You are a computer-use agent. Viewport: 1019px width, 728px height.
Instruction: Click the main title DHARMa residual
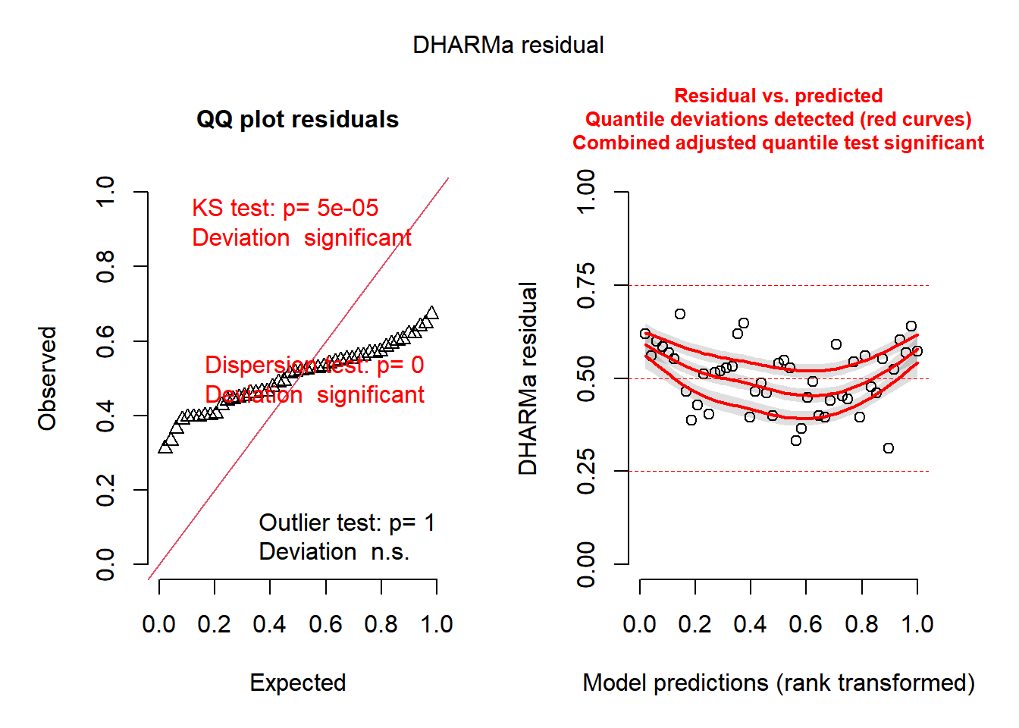508,45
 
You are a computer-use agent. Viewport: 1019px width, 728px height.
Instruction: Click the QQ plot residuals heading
297,120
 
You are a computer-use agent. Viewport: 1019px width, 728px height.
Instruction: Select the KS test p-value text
285,209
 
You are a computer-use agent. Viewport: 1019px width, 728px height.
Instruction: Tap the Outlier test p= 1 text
346,522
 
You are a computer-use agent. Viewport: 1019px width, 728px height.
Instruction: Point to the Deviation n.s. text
334,552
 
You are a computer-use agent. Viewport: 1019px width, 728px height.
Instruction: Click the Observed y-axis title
48,378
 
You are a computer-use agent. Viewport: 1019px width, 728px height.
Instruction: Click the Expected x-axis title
297,682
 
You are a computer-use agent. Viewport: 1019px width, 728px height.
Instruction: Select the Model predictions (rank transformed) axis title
778,682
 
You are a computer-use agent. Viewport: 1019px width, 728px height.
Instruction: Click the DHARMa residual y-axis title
528,378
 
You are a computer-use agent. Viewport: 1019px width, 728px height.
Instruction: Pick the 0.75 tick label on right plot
586,286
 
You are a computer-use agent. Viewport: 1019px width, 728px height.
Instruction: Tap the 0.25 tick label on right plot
586,471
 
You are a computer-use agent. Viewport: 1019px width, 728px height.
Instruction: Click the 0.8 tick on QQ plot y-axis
105,267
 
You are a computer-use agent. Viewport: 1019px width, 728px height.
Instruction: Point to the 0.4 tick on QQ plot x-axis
270,624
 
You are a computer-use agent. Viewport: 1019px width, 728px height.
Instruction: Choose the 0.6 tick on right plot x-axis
805,624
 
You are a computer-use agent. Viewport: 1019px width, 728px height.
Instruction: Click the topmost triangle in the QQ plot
431,313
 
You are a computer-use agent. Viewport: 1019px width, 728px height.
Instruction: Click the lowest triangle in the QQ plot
165,447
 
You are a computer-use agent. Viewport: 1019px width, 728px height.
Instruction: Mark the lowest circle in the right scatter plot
889,448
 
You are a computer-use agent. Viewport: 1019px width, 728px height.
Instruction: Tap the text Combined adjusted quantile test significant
778,143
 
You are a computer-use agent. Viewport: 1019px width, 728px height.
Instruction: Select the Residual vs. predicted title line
778,96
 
